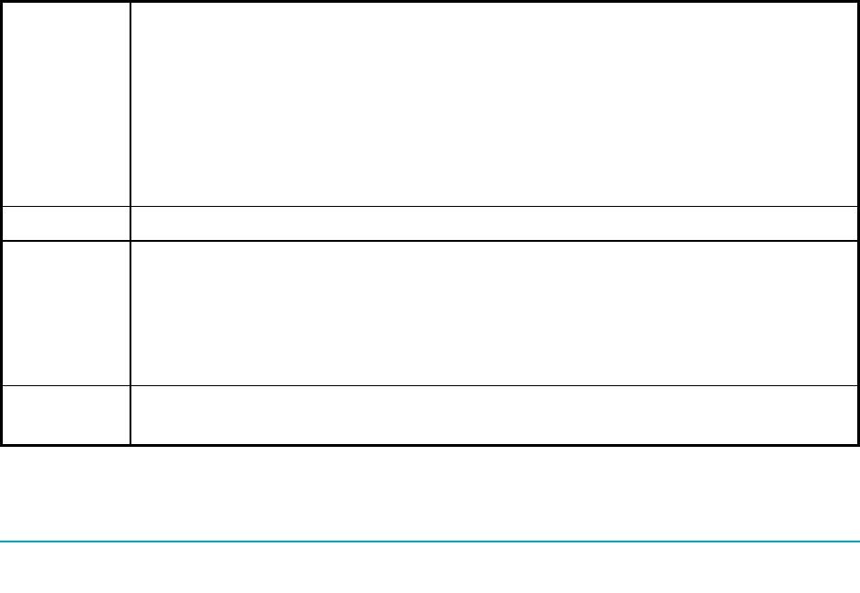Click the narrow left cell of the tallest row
tap(65, 103)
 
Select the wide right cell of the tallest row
tap(488, 103)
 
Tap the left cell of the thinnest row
tap(65, 223)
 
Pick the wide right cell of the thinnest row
tap(488, 223)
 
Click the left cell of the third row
tap(65, 313)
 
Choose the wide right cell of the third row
tap(488, 313)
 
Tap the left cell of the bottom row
tap(65, 415)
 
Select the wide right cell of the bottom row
tap(488, 415)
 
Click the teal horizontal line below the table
tap(430, 542)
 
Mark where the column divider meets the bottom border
tap(130, 445)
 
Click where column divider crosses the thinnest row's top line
tap(130, 206)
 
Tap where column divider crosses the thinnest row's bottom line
tap(130, 241)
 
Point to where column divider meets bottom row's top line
tap(130, 385)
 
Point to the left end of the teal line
tap(1, 542)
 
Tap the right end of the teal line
tap(858, 542)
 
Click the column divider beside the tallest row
tap(130, 103)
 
